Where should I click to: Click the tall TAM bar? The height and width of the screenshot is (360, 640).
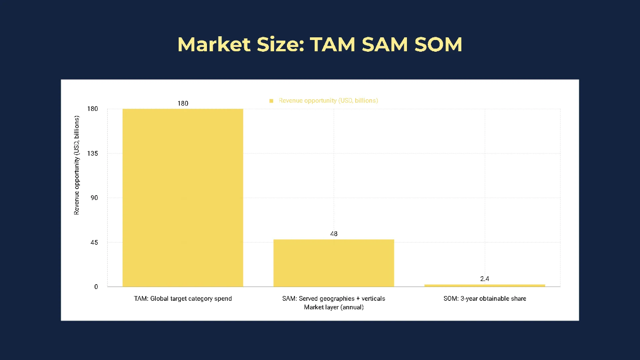(x=182, y=197)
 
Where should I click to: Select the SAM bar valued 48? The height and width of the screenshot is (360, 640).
(x=333, y=263)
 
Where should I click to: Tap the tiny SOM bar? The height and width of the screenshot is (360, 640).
(x=484, y=285)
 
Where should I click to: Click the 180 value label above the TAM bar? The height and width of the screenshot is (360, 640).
(x=182, y=103)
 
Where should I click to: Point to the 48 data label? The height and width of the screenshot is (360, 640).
(x=334, y=234)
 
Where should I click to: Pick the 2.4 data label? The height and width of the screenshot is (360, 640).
(x=484, y=279)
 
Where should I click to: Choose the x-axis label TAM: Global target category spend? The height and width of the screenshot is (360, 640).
(x=182, y=299)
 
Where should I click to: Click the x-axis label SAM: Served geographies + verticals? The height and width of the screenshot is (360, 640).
(x=333, y=299)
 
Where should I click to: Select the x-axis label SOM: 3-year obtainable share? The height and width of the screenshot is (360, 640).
(x=484, y=299)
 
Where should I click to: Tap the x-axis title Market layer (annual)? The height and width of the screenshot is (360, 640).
(x=333, y=307)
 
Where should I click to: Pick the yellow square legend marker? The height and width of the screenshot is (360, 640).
(x=271, y=101)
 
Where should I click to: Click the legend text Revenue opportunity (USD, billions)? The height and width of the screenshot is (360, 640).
(x=328, y=100)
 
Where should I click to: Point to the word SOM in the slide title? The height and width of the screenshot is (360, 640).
(x=433, y=45)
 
